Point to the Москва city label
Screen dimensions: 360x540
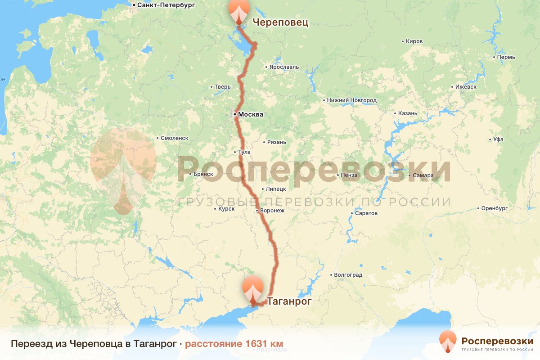(x=250, y=115)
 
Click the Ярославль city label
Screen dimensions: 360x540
(x=284, y=67)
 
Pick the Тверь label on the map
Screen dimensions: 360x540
(x=223, y=87)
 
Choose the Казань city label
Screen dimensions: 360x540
(x=408, y=113)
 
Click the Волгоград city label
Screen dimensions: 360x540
(x=348, y=274)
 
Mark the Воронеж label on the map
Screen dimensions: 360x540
(x=272, y=211)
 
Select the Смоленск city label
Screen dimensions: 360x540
(x=175, y=138)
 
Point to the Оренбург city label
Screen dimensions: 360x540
(x=494, y=208)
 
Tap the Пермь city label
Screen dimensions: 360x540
(x=506, y=57)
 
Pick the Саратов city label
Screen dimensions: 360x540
(x=366, y=213)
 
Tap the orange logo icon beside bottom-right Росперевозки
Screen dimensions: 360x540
(x=448, y=342)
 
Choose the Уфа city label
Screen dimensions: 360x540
(x=498, y=139)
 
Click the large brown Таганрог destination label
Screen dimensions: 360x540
(x=289, y=301)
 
